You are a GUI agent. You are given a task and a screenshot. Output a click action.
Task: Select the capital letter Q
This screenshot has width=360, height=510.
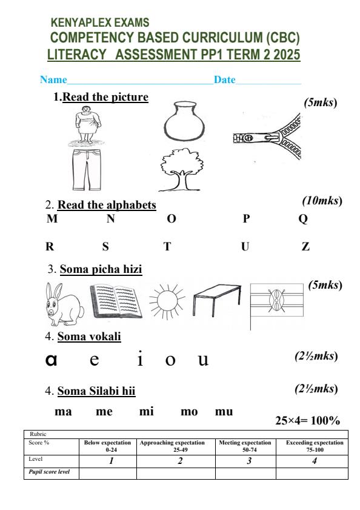(x=303, y=220)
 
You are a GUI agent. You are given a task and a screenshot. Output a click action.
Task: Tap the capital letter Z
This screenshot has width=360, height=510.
(x=305, y=247)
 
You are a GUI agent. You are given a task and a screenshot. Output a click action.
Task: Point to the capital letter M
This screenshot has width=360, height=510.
(x=52, y=220)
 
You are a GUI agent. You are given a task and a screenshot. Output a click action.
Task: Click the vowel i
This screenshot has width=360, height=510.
(x=140, y=359)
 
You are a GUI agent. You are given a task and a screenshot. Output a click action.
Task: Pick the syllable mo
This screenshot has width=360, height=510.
(x=190, y=412)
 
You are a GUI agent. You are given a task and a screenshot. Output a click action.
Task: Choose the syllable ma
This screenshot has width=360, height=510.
(x=64, y=412)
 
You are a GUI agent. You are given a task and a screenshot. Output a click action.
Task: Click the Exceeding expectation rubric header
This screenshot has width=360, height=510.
(x=314, y=446)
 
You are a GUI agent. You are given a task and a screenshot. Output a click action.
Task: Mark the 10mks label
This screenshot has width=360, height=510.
(x=322, y=200)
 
